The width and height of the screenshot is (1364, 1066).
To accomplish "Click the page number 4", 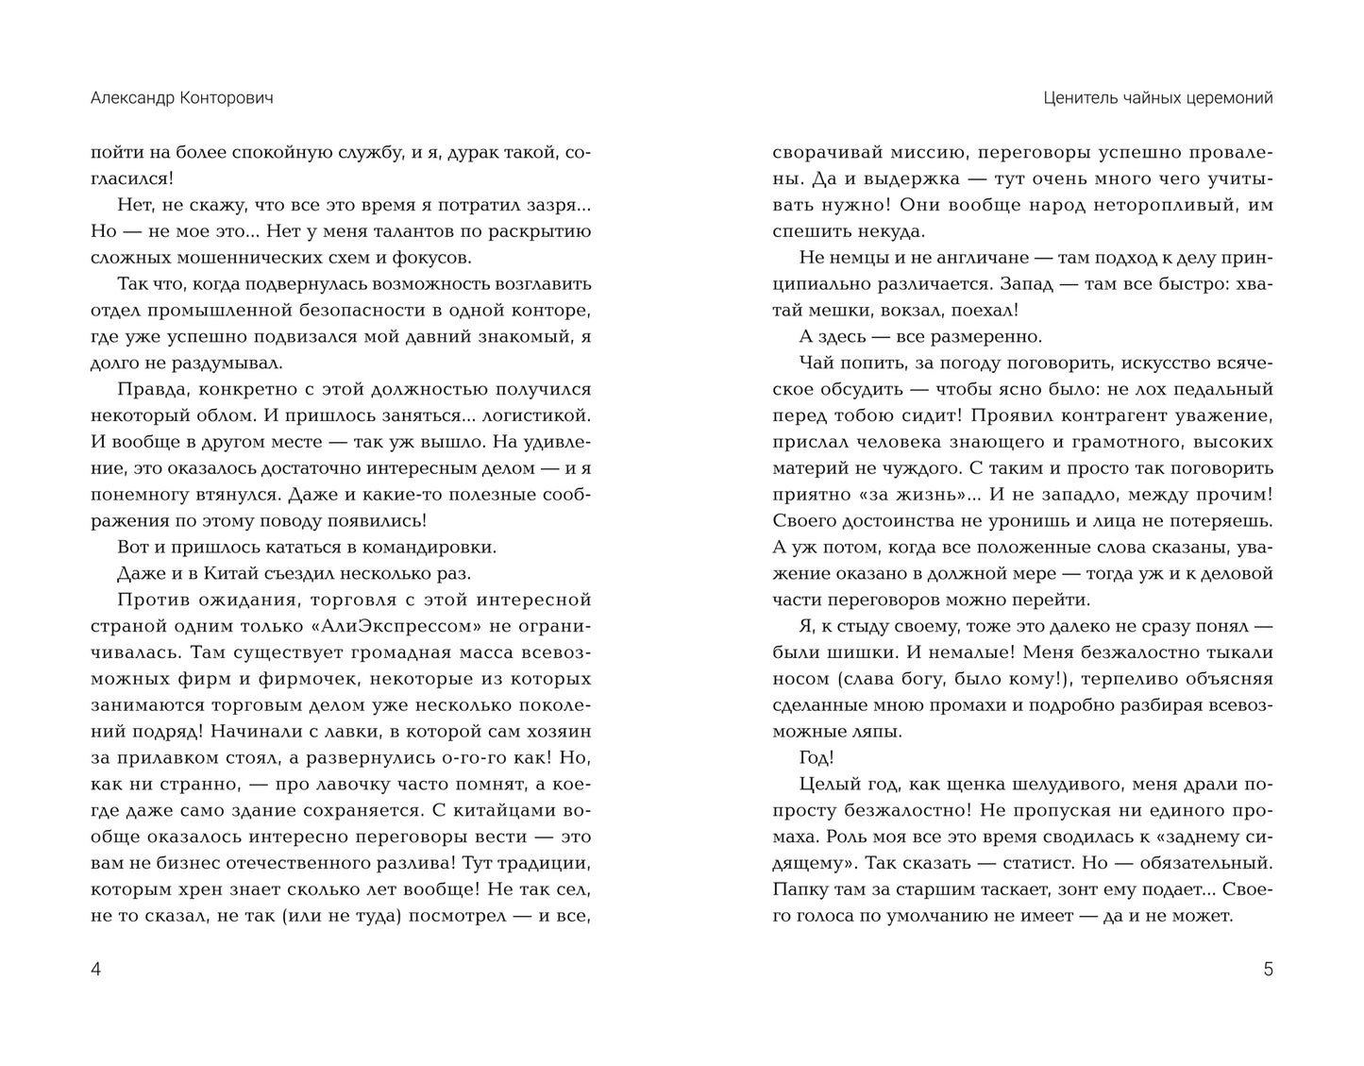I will point(95,969).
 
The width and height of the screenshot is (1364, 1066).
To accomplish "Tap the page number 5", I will point(1268,969).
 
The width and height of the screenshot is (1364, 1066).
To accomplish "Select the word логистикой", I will point(537,415).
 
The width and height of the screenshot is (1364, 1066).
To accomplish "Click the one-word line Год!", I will point(817,757).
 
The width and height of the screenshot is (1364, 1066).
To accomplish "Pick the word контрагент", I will point(1103,415).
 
